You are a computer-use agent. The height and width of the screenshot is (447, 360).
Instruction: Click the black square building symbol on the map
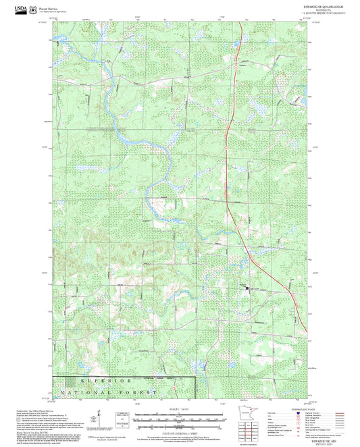point(247,288)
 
